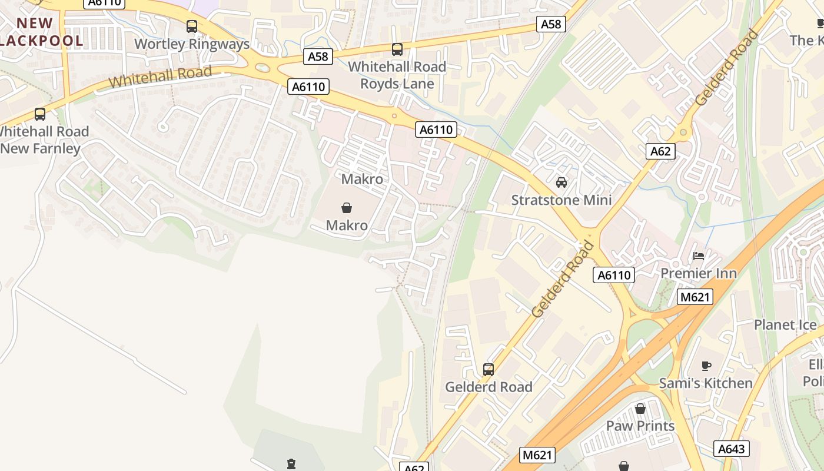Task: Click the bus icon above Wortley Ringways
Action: (x=192, y=26)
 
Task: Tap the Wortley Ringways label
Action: (x=192, y=44)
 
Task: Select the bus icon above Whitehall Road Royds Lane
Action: (x=397, y=49)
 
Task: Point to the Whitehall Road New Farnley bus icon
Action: (x=40, y=114)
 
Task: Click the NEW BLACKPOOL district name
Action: (x=41, y=32)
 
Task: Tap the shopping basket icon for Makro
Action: (x=347, y=208)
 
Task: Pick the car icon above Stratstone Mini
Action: (x=561, y=183)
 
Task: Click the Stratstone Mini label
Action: (x=561, y=200)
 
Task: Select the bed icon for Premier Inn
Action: (x=699, y=256)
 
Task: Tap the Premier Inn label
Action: (x=699, y=273)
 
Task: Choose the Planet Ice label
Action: (x=785, y=325)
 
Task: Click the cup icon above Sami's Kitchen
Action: (x=706, y=366)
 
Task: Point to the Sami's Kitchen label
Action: (x=706, y=383)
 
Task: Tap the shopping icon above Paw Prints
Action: (x=640, y=409)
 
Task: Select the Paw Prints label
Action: (x=640, y=426)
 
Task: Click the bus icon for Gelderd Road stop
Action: (x=489, y=370)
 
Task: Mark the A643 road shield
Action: (x=732, y=449)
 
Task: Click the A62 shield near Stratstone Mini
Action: (x=660, y=151)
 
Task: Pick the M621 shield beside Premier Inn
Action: (x=695, y=297)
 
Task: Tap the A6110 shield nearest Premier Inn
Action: (x=614, y=274)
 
